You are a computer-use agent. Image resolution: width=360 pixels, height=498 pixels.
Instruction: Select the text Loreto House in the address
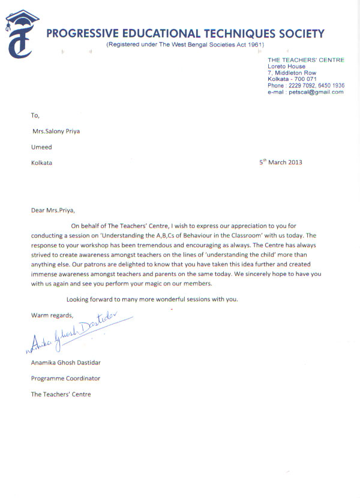click(x=286, y=67)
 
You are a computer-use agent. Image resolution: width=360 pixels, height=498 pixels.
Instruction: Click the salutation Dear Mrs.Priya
click(x=53, y=210)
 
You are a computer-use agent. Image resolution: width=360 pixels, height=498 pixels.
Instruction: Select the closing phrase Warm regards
click(x=52, y=315)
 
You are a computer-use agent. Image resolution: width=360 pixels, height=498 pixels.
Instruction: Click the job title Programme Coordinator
click(x=65, y=379)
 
